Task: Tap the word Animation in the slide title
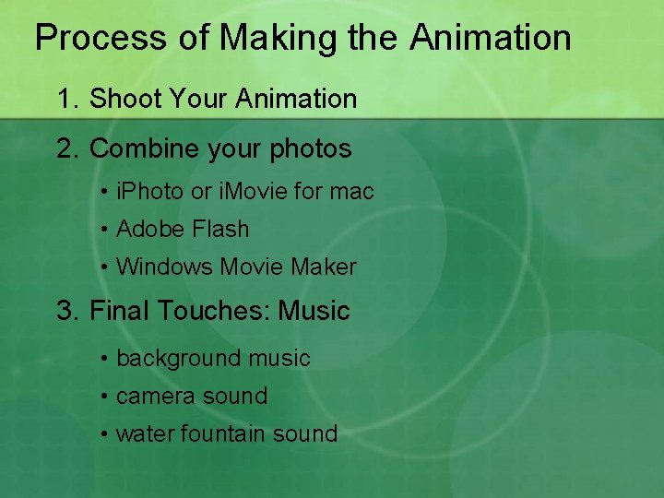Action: click(490, 39)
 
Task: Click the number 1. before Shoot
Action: click(67, 99)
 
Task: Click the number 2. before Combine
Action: click(67, 148)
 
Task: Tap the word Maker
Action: click(323, 267)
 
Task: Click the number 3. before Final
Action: click(67, 311)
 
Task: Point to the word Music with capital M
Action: click(314, 311)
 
